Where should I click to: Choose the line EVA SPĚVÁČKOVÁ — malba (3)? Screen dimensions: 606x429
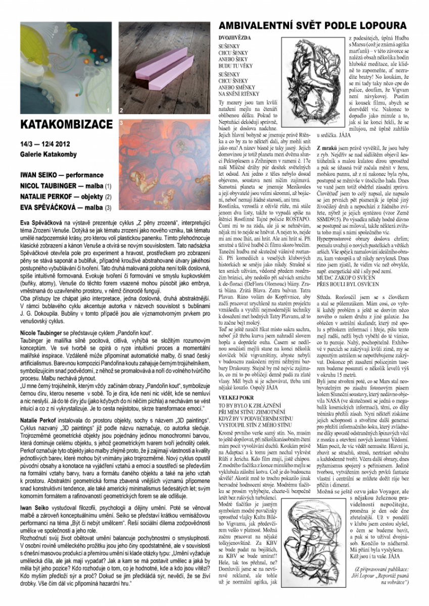65,207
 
